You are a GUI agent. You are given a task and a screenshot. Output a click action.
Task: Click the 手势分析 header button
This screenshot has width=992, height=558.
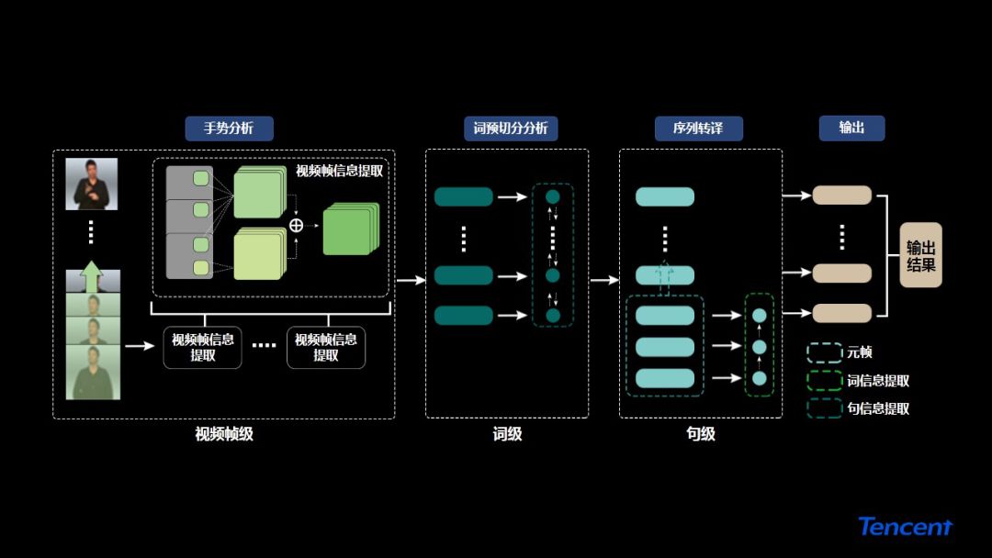point(229,128)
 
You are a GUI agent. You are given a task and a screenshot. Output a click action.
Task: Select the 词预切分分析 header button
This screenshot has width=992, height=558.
point(510,128)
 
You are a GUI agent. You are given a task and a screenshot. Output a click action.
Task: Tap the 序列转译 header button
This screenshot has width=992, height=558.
point(698,128)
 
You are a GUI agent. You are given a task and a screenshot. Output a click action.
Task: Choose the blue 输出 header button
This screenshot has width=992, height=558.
point(851,128)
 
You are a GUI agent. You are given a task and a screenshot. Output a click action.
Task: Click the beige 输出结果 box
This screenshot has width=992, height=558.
point(920,255)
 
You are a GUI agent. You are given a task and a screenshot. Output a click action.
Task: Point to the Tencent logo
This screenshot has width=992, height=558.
point(906,527)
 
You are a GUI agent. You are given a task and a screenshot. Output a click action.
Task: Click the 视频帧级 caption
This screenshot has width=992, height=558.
point(224,434)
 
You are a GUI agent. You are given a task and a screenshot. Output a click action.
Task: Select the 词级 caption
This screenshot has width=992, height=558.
point(507,434)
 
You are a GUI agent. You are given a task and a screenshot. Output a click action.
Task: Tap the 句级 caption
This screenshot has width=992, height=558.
point(700,434)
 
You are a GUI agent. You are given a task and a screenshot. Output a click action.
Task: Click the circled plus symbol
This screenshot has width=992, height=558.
point(296,226)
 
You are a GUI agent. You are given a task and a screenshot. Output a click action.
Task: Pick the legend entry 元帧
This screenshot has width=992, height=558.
point(859,352)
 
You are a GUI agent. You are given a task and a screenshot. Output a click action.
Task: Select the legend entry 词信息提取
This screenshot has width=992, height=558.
point(877,380)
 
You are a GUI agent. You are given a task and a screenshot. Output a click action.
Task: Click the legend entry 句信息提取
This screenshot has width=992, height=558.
point(877,408)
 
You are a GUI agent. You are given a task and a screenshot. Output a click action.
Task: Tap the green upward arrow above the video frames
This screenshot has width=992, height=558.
point(92,276)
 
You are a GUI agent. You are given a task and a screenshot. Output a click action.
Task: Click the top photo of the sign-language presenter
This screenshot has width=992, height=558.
point(92,184)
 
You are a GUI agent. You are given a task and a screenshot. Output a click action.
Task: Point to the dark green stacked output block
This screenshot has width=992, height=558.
point(350,229)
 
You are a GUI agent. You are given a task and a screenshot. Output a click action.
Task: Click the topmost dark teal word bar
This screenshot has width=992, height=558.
point(463,196)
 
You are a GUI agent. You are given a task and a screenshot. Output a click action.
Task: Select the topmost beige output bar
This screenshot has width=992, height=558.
point(841,195)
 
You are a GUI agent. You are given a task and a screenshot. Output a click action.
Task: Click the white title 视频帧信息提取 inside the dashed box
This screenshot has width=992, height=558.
point(339,171)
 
